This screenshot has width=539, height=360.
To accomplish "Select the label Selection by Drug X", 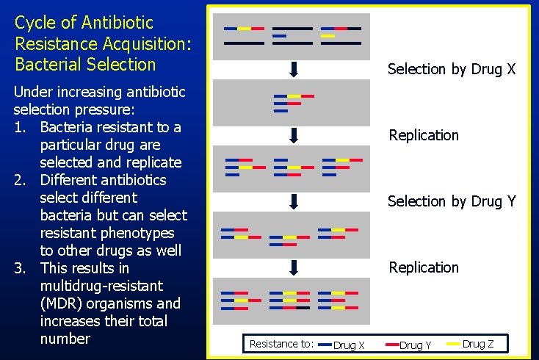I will click(x=451, y=69).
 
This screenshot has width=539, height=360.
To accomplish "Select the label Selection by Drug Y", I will click(x=451, y=201).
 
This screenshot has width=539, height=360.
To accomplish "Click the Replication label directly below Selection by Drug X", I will click(x=424, y=135).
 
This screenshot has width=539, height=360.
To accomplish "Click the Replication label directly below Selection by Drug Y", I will click(x=424, y=267).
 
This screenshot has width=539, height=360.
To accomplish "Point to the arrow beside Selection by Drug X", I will click(x=293, y=70).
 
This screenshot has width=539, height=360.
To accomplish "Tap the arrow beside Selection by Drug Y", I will click(x=293, y=201).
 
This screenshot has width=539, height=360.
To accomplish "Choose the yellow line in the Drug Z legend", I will click(x=453, y=344).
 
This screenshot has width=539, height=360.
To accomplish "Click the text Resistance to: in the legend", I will click(x=281, y=344).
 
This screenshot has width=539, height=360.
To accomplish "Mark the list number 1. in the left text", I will click(x=21, y=127).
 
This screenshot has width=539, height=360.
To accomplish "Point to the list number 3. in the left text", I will click(x=21, y=268).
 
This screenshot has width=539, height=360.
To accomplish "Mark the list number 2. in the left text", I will click(x=21, y=180).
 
